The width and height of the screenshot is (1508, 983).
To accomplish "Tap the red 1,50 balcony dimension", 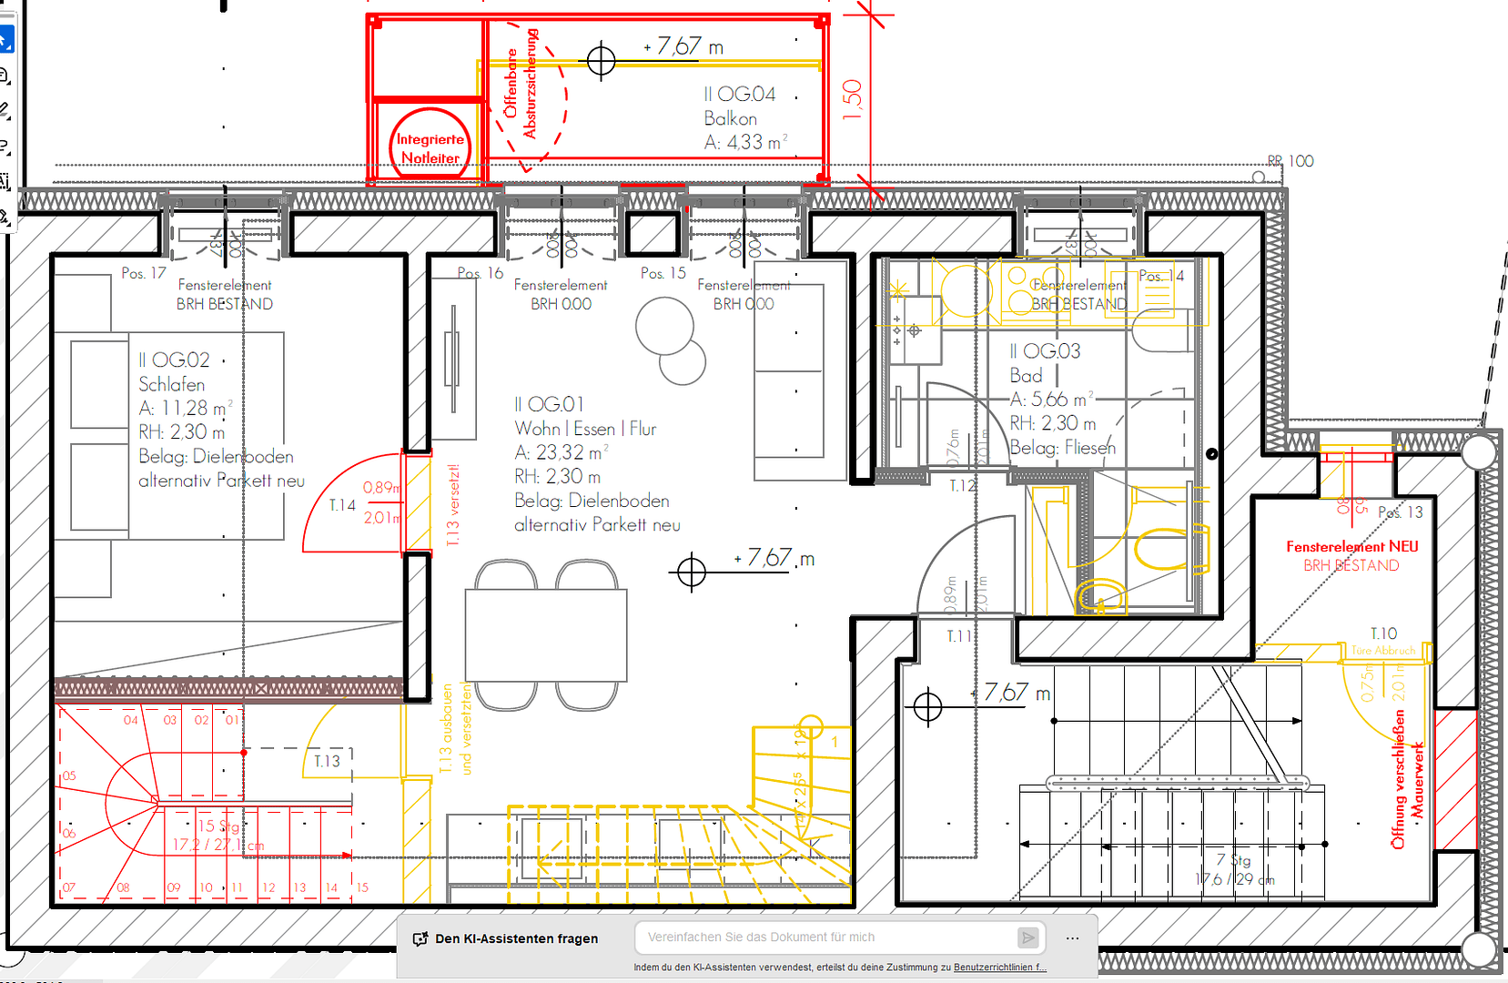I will [852, 100].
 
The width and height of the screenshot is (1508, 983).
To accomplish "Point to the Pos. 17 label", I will [144, 273].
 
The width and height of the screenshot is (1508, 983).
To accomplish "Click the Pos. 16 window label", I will [480, 273].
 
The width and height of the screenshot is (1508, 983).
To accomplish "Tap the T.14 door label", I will [342, 505].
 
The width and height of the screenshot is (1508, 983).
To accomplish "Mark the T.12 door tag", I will [962, 486].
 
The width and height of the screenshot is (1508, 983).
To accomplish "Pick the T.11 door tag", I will [958, 636].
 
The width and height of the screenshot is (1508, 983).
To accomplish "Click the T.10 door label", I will [1383, 633].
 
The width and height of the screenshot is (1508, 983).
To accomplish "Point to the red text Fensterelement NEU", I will [1351, 546].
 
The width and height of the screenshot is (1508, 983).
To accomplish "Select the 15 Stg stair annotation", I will [218, 826].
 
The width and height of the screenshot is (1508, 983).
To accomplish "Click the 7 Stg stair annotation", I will [1234, 860].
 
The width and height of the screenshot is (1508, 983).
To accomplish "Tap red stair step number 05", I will [69, 776].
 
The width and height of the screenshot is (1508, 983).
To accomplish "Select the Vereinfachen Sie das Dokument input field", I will [828, 937].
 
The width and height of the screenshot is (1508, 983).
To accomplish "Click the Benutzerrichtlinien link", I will [999, 968].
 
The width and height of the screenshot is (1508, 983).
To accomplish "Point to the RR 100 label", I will [1290, 161].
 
